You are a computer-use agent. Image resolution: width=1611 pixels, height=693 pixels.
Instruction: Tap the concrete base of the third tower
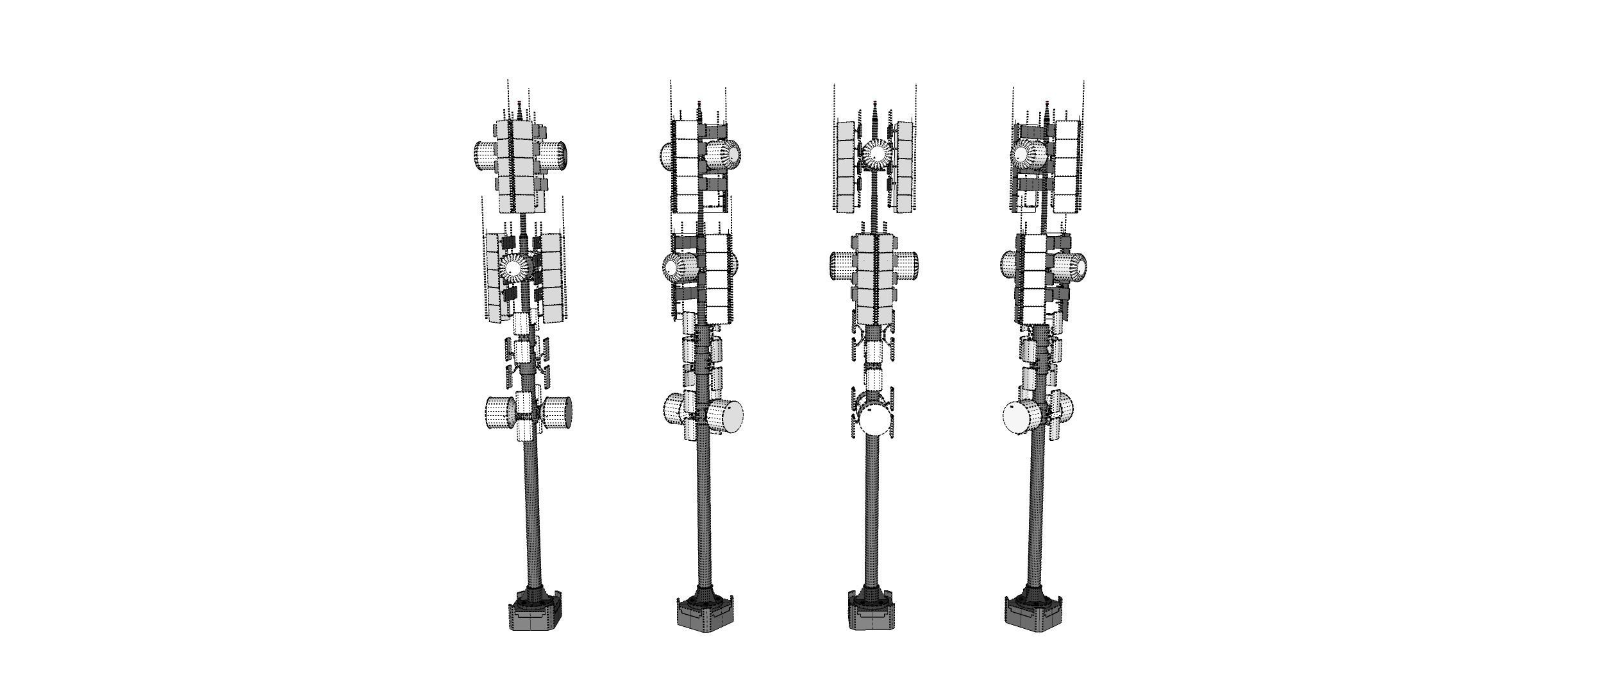coord(871,617)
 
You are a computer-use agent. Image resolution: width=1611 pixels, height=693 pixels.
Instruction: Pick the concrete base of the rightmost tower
coord(1030,617)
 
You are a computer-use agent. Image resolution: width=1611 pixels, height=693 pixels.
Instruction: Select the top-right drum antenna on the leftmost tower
coord(553,156)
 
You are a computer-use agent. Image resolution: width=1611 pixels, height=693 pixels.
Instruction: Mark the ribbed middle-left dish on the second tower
coord(680,267)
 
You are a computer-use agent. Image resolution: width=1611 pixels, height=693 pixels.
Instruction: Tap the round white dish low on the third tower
coord(875,420)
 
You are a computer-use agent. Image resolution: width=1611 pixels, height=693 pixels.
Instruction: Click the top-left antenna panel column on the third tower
coord(846,167)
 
